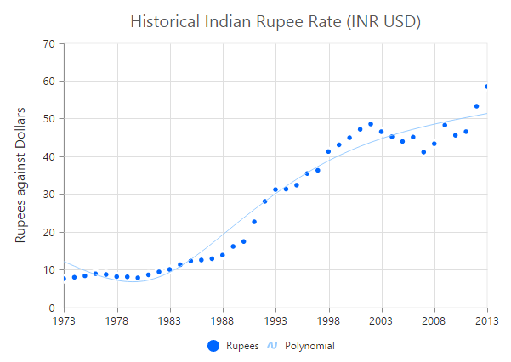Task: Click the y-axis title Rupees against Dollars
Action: tap(20, 175)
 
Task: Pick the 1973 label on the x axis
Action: tap(64, 321)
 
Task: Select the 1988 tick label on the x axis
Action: tap(223, 321)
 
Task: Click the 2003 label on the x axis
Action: tap(381, 321)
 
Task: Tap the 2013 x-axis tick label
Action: tap(487, 321)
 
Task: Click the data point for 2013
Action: tap(487, 87)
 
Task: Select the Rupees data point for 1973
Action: tap(64, 279)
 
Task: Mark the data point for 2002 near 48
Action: tap(371, 124)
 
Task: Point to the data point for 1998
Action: tap(328, 152)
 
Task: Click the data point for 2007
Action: tap(423, 152)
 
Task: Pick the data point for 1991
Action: tap(254, 222)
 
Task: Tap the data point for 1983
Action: tap(170, 269)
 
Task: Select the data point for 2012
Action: tap(476, 106)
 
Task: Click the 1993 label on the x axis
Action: tap(275, 321)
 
